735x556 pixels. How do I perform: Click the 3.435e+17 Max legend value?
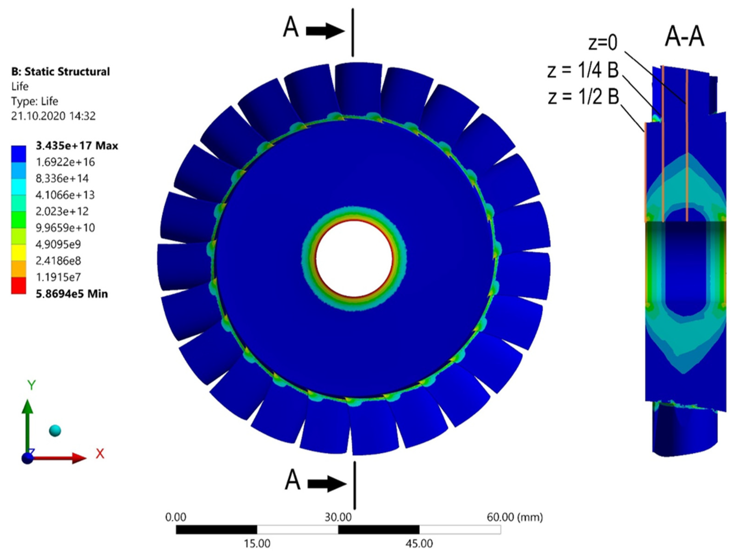77,146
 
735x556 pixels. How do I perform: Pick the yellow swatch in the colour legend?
19,253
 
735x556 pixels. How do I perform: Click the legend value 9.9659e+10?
65,228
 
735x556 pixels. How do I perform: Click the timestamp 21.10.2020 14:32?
53,116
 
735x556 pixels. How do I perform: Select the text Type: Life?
35,101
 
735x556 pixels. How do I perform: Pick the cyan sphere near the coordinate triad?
55,431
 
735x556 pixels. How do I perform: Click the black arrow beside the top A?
325,31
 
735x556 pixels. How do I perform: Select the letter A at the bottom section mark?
292,480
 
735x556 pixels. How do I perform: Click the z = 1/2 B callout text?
583,97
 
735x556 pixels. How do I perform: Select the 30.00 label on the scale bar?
338,517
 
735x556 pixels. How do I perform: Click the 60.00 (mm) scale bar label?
514,517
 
